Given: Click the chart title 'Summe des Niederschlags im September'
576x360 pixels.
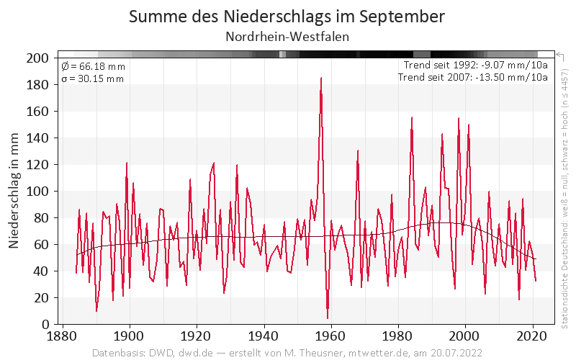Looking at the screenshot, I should (287, 17).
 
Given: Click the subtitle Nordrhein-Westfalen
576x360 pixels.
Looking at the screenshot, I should (287, 37).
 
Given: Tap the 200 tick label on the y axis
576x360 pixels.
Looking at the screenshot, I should (37, 58).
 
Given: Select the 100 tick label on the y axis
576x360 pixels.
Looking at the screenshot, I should (37, 192).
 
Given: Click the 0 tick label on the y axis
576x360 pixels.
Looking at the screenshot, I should (44, 325).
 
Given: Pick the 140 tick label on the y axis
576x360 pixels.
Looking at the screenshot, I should (37, 138).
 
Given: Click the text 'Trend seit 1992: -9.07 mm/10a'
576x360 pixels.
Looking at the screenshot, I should (476, 66).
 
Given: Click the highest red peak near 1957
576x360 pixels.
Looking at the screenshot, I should (321, 78).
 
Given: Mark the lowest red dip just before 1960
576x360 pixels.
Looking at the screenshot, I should (328, 318).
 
